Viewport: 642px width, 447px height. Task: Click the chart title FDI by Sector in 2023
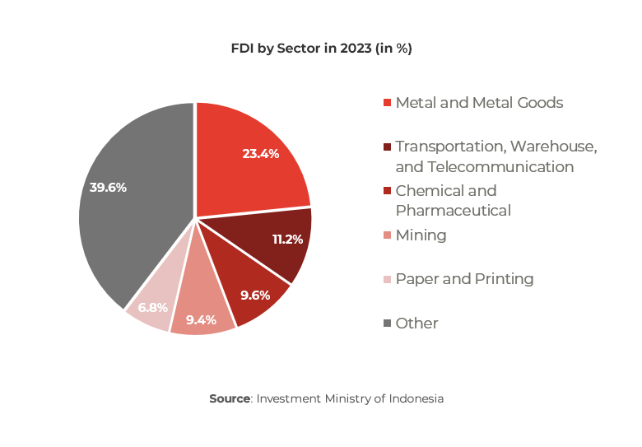click(321, 49)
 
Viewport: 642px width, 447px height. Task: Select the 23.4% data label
click(261, 153)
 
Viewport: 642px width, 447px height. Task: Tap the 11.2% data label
click(288, 239)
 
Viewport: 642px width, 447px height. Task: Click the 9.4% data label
click(201, 319)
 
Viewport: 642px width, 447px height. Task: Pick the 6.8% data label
click(153, 307)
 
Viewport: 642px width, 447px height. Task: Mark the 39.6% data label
click(108, 188)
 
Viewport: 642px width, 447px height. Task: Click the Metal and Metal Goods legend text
click(479, 103)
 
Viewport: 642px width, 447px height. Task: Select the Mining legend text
click(421, 235)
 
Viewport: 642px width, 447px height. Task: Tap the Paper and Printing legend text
click(464, 279)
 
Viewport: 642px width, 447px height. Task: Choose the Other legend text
click(416, 324)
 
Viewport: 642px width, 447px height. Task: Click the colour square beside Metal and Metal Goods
click(387, 104)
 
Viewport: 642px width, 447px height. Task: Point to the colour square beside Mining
click(387, 236)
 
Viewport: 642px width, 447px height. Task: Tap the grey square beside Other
click(387, 324)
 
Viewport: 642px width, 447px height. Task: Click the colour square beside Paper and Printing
click(387, 280)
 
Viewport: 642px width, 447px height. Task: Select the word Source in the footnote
click(229, 398)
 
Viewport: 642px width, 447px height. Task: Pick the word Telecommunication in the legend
click(500, 166)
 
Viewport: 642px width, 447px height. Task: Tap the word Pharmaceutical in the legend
click(453, 211)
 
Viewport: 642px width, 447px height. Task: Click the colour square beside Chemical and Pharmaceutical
click(387, 191)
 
